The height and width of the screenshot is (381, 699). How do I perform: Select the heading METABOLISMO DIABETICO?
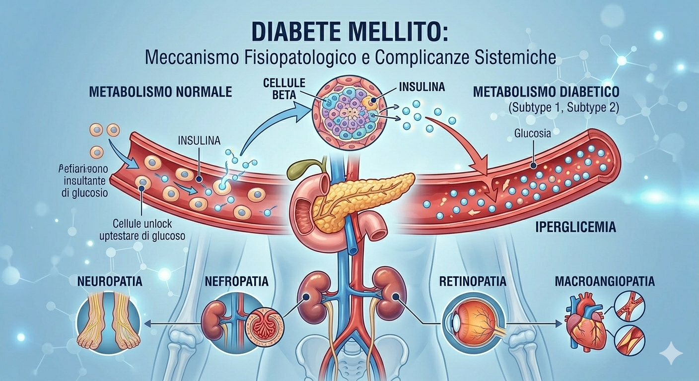coord(546,92)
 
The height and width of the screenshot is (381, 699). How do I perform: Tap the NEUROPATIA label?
coord(110,281)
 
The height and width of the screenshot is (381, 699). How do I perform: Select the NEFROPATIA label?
coord(237,281)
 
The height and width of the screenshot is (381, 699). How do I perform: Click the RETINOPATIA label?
coord(472,282)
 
